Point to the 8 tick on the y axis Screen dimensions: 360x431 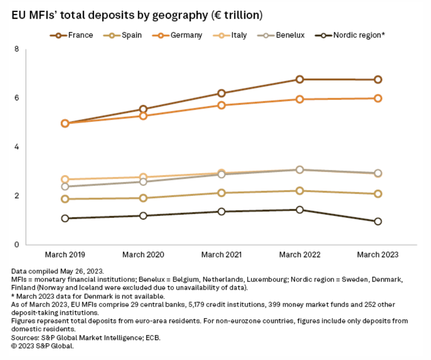pos(16,49)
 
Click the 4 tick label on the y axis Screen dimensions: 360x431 pos(16,147)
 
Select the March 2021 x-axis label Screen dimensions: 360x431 pos(221,255)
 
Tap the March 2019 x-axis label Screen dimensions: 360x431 pos(65,255)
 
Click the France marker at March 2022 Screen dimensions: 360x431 pos(300,79)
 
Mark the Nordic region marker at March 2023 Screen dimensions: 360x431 pos(378,222)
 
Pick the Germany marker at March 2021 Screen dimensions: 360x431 pos(221,105)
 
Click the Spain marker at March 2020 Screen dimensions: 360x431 pos(143,198)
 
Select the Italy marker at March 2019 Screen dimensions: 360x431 pos(65,179)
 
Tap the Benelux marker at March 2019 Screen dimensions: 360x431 pos(65,187)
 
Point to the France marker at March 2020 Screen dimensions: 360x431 pos(143,109)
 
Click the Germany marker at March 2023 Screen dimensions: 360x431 pos(378,98)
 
